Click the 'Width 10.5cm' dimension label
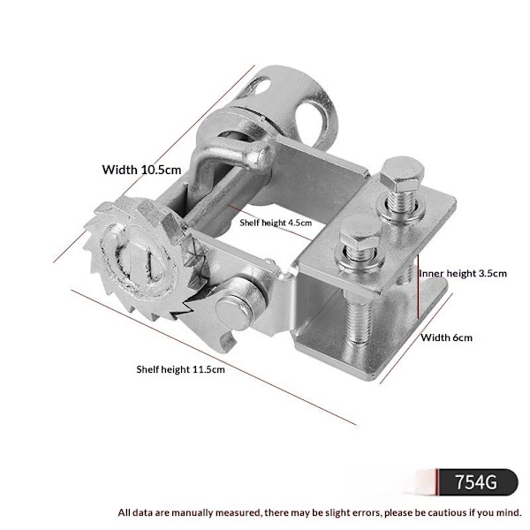(141, 170)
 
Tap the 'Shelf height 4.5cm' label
(276, 223)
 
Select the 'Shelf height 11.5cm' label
(180, 369)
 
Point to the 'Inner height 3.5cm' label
(463, 273)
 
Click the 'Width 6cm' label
(446, 337)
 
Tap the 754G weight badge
(477, 482)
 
